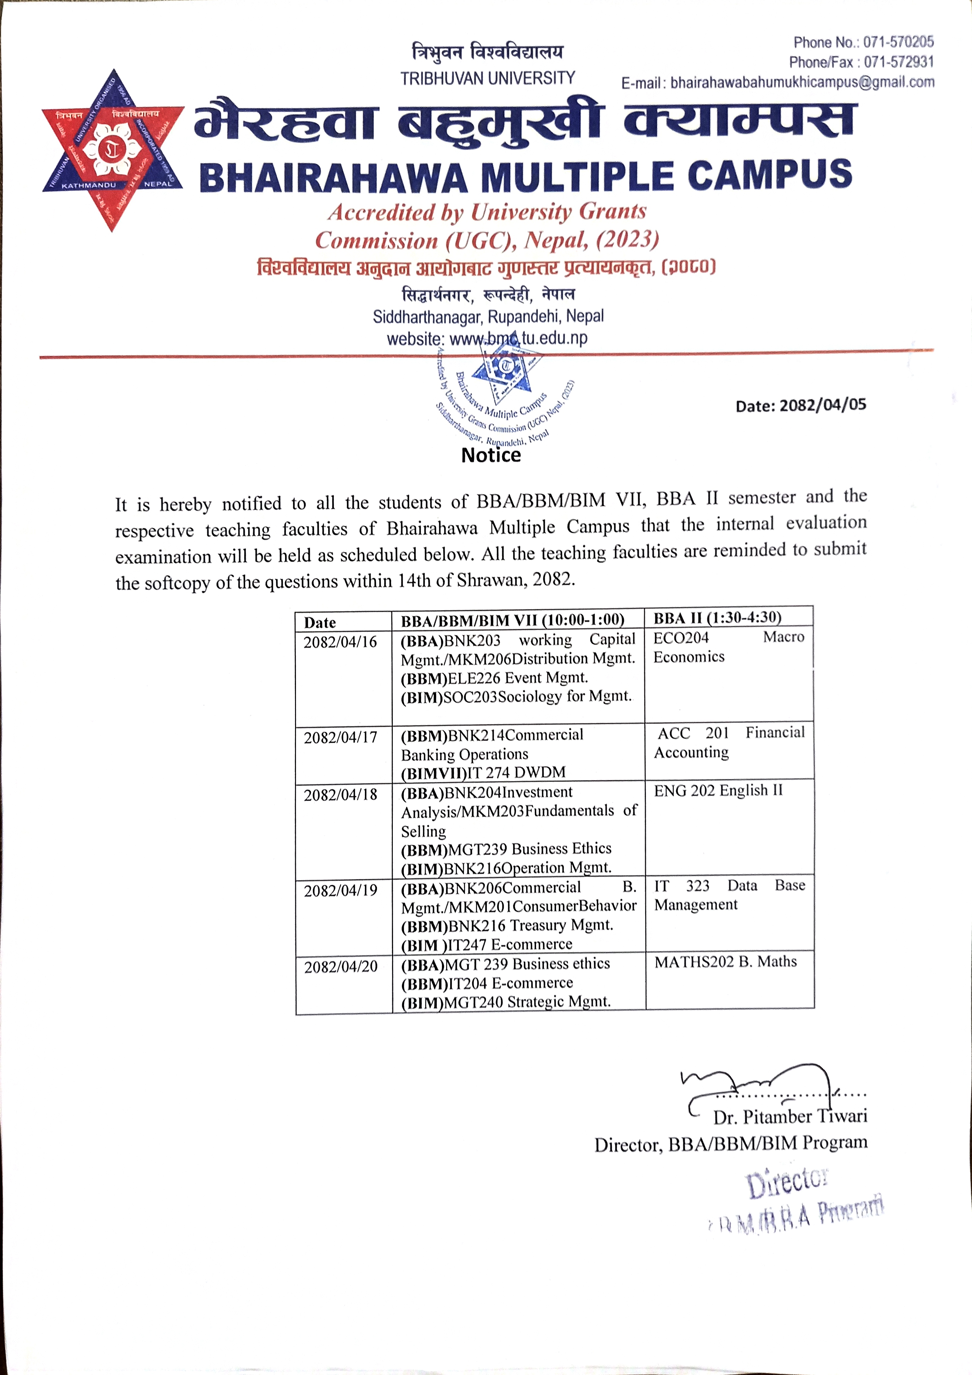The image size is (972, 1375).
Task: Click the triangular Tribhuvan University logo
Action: click(x=113, y=150)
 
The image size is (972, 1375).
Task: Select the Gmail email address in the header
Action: click(x=802, y=82)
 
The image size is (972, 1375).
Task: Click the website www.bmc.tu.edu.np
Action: click(x=518, y=338)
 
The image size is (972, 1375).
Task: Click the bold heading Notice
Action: click(x=491, y=455)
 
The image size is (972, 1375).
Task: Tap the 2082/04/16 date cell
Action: click(x=340, y=642)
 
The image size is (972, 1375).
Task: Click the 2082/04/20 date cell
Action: click(x=341, y=967)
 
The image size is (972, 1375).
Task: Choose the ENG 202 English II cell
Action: click(x=718, y=790)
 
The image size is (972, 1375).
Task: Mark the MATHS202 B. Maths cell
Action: click(x=726, y=961)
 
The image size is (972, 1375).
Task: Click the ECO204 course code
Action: click(x=681, y=638)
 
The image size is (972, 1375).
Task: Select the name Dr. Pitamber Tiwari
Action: click(x=790, y=1117)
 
